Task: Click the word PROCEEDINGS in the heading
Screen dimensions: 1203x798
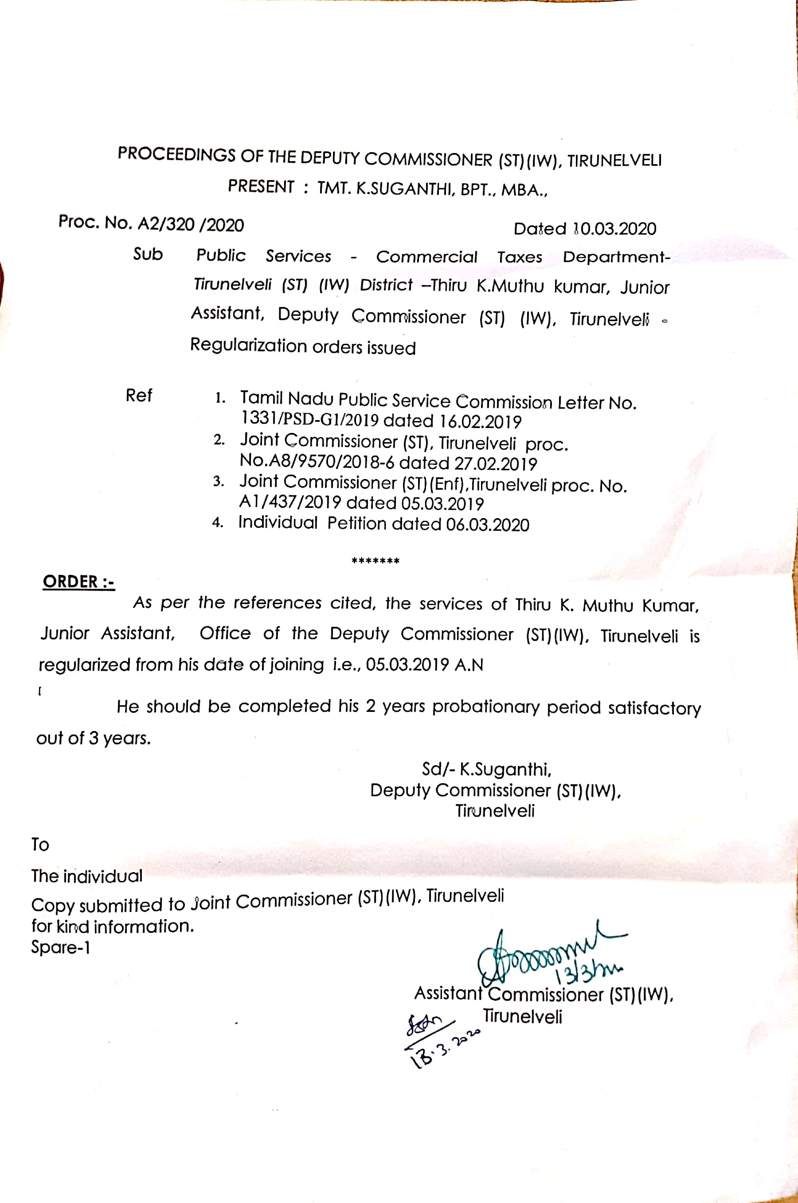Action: [176, 154]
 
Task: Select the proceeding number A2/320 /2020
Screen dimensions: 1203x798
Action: [191, 224]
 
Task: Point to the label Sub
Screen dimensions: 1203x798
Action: [148, 254]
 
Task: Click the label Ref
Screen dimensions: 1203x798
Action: [139, 395]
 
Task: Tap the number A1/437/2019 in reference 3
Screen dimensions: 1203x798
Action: [289, 503]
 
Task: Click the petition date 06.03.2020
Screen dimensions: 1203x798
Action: [488, 524]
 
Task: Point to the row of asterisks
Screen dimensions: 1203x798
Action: [376, 561]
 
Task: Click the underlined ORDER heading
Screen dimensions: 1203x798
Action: [78, 582]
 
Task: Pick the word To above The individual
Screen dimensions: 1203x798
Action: [40, 845]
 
